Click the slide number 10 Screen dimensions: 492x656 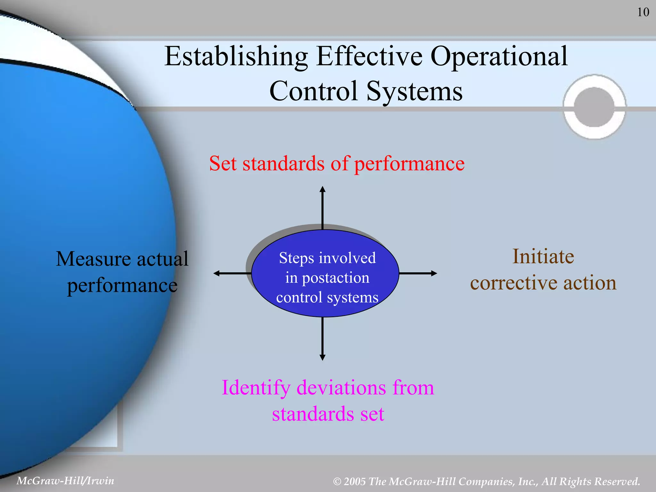(643, 12)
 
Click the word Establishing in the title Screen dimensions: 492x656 (236, 57)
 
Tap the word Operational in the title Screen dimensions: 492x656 (499, 57)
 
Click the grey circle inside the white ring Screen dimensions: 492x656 (594, 107)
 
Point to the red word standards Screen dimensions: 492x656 (283, 164)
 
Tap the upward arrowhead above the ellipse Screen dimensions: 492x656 (323, 189)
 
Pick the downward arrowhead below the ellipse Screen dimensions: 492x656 (323, 357)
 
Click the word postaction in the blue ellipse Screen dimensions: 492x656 (335, 278)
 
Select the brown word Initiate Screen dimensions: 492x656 (543, 257)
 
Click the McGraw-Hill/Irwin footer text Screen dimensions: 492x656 (65, 481)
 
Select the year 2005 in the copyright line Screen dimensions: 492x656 (355, 482)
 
